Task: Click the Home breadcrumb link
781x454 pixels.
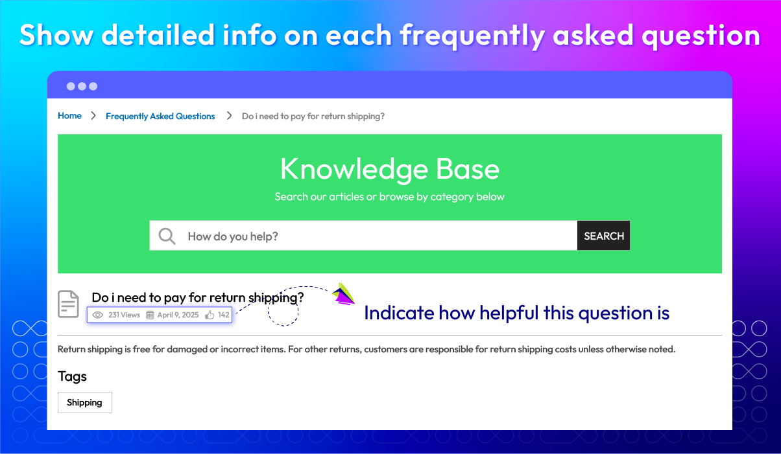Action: pyautogui.click(x=70, y=115)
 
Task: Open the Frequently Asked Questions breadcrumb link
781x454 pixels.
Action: pyautogui.click(x=160, y=117)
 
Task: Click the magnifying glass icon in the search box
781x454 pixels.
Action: pyautogui.click(x=167, y=236)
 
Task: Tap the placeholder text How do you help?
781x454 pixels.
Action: pyautogui.click(x=233, y=236)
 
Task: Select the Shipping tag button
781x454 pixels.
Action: pyautogui.click(x=85, y=402)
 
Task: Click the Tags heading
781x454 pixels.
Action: pyautogui.click(x=72, y=377)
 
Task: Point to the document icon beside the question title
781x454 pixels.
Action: pyautogui.click(x=68, y=304)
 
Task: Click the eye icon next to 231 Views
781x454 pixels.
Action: pyautogui.click(x=97, y=315)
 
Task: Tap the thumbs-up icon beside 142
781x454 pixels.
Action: pyautogui.click(x=210, y=315)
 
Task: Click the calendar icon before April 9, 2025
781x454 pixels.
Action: pyautogui.click(x=150, y=315)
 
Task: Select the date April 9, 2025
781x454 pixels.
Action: pyautogui.click(x=178, y=315)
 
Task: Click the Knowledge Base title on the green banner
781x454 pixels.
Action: pyautogui.click(x=390, y=169)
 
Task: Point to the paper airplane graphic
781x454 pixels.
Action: pyautogui.click(x=343, y=294)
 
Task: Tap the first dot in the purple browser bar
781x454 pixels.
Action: pyautogui.click(x=71, y=86)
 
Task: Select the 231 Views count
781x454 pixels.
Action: pyautogui.click(x=124, y=315)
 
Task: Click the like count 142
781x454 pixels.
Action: pyautogui.click(x=224, y=315)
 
